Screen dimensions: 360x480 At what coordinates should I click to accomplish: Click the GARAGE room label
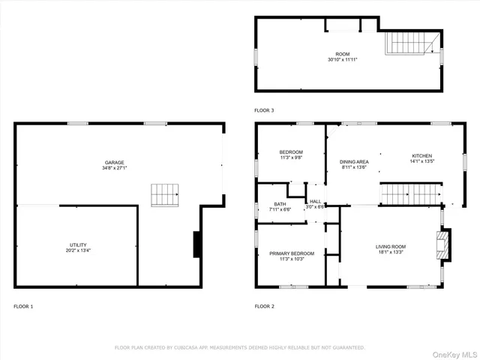tap(114, 162)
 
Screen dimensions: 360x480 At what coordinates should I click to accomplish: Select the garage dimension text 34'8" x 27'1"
tap(114, 168)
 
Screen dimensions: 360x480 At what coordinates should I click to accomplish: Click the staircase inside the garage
tap(165, 195)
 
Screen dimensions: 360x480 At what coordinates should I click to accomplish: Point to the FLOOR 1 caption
tap(23, 306)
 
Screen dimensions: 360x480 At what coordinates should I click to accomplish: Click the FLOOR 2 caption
tap(265, 306)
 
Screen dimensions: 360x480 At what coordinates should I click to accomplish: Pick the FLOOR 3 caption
tap(265, 110)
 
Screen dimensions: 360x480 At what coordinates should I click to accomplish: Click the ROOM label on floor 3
tap(343, 54)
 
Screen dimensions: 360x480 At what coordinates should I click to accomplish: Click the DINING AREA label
tap(353, 162)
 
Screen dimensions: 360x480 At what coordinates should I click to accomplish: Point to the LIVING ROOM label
tap(391, 247)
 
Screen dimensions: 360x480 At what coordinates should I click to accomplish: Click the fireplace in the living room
tap(443, 243)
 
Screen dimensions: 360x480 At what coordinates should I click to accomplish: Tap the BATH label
tap(280, 204)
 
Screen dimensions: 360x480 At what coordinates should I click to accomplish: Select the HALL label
tap(316, 201)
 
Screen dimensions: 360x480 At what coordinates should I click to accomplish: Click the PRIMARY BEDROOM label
tap(292, 253)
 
